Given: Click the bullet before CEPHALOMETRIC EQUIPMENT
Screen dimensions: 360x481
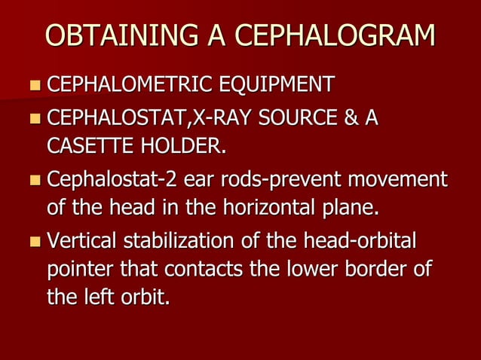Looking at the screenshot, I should tap(35, 85).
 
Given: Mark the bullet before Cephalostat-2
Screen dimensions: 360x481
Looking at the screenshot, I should tap(35, 181).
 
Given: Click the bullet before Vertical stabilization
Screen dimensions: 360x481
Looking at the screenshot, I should tap(35, 243).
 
